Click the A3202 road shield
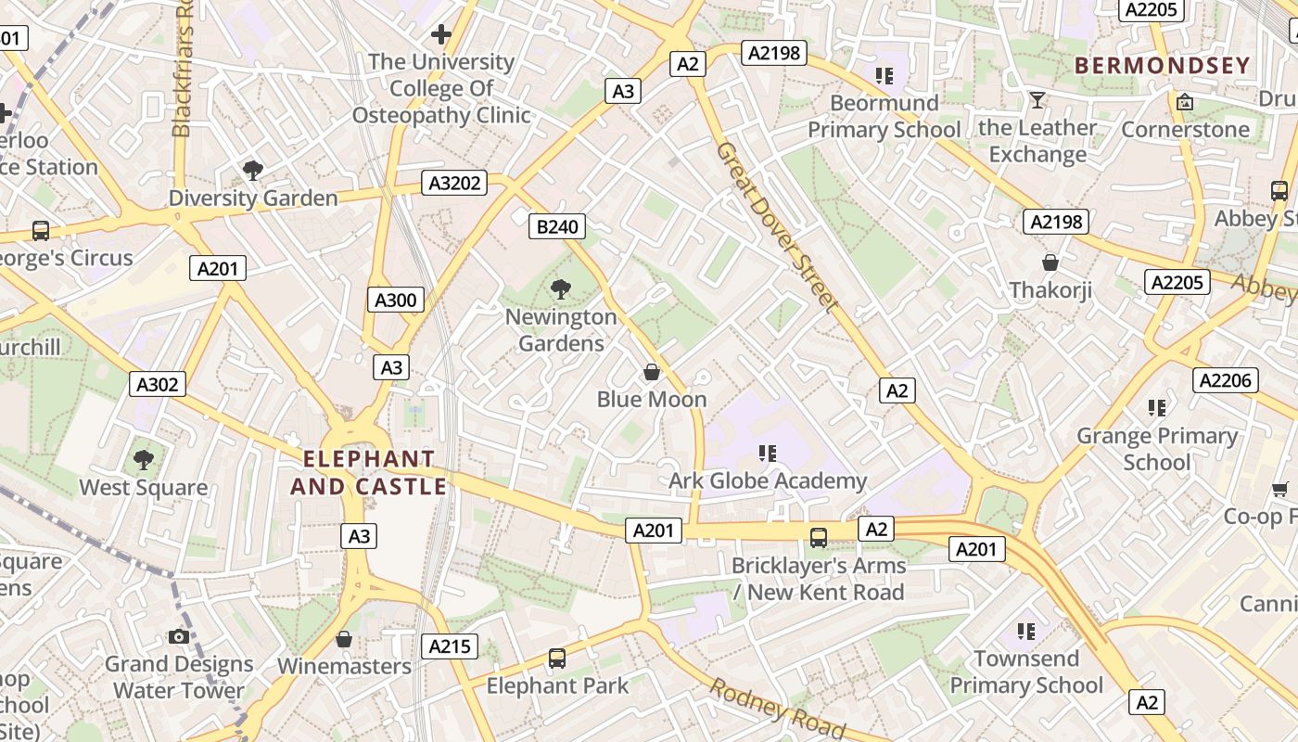point(455,183)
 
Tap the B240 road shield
point(557,226)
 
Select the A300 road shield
point(396,300)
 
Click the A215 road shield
point(450,646)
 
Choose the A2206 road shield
point(1225,379)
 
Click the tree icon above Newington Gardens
point(560,289)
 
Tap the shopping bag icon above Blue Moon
point(652,373)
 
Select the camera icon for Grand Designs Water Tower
point(179,636)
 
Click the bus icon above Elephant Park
point(556,659)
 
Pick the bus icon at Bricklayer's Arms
point(819,537)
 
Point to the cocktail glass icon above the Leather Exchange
point(1037,100)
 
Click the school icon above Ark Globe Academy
point(767,454)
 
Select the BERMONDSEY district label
point(1163,65)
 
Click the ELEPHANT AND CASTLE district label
point(368,472)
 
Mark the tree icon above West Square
point(143,460)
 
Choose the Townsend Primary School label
point(1026,672)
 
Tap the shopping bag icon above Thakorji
point(1050,263)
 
